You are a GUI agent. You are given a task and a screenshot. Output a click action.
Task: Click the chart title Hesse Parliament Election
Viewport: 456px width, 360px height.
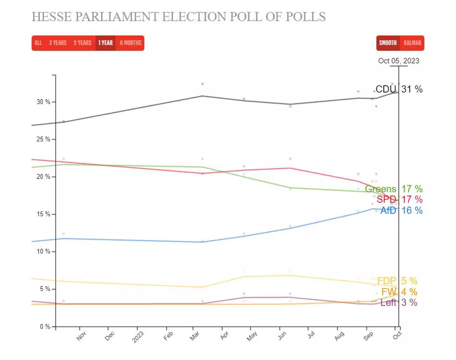coord(178,17)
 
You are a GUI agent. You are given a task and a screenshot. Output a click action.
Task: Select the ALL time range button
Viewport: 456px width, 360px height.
coord(38,43)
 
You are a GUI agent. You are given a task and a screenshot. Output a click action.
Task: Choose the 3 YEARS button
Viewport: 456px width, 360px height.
coord(58,43)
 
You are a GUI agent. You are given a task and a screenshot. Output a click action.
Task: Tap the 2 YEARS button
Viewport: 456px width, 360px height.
coord(82,43)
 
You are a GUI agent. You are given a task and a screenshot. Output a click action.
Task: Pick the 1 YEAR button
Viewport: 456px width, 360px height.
coord(105,43)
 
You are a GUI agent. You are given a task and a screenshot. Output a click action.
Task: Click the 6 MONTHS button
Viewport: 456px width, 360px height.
coord(131,43)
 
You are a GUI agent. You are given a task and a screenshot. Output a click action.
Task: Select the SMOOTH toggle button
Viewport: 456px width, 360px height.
coord(388,43)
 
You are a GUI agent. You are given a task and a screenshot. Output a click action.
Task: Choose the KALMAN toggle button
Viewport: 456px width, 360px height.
coord(412,43)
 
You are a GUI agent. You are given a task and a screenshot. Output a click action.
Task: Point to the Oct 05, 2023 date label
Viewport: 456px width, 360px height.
coord(399,61)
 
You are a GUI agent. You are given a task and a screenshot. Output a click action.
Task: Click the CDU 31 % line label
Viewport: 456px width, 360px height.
coord(399,89)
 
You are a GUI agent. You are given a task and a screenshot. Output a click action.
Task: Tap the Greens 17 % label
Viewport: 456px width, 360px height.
coord(394,189)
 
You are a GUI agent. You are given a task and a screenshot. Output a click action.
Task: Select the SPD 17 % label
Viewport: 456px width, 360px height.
coord(399,200)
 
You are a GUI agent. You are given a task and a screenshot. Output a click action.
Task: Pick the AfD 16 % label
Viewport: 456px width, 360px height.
coord(401,211)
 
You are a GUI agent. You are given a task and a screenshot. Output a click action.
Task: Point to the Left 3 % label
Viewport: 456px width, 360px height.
coord(399,302)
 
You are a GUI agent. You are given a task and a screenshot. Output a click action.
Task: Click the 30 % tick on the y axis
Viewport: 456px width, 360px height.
coord(43,102)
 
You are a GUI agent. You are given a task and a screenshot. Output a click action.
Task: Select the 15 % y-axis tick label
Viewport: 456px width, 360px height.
coord(43,214)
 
